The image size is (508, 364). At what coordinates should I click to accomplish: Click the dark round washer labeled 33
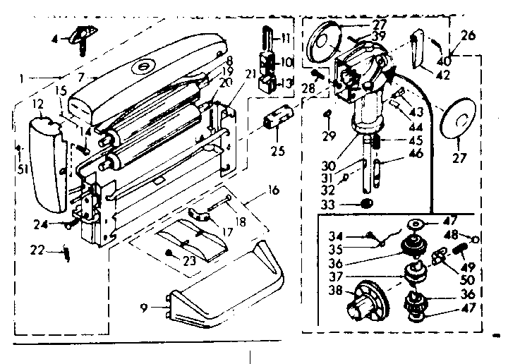pyautogui.click(x=365, y=203)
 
